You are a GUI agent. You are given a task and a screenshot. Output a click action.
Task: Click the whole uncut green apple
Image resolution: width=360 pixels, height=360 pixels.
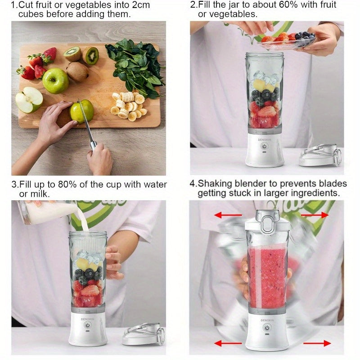click(55, 81)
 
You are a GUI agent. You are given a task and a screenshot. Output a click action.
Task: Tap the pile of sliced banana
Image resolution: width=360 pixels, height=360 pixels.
click(129, 106)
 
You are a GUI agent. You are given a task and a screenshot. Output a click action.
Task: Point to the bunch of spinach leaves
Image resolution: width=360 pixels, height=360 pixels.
click(135, 67)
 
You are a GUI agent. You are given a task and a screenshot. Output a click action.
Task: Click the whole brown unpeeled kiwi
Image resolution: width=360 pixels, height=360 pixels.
click(77, 72)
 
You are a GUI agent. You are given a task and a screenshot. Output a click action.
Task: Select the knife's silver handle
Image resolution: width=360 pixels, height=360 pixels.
click(93, 145)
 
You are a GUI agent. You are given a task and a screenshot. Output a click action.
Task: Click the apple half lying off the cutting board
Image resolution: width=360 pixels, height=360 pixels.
click(29, 99)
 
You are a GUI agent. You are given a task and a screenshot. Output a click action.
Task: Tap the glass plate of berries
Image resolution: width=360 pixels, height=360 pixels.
click(287, 42)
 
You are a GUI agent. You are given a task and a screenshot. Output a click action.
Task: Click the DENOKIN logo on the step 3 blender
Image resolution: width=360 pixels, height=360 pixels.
click(87, 319)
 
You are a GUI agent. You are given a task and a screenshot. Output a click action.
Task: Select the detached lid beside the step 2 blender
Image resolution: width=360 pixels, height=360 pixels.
click(320, 155)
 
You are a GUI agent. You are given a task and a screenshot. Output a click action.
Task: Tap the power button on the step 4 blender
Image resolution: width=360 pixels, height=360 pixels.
click(267, 328)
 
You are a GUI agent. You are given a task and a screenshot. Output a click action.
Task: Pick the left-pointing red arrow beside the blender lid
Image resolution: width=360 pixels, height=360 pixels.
click(228, 215)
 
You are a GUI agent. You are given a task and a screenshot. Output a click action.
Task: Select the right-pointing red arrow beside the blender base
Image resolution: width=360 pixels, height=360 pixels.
click(317, 343)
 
